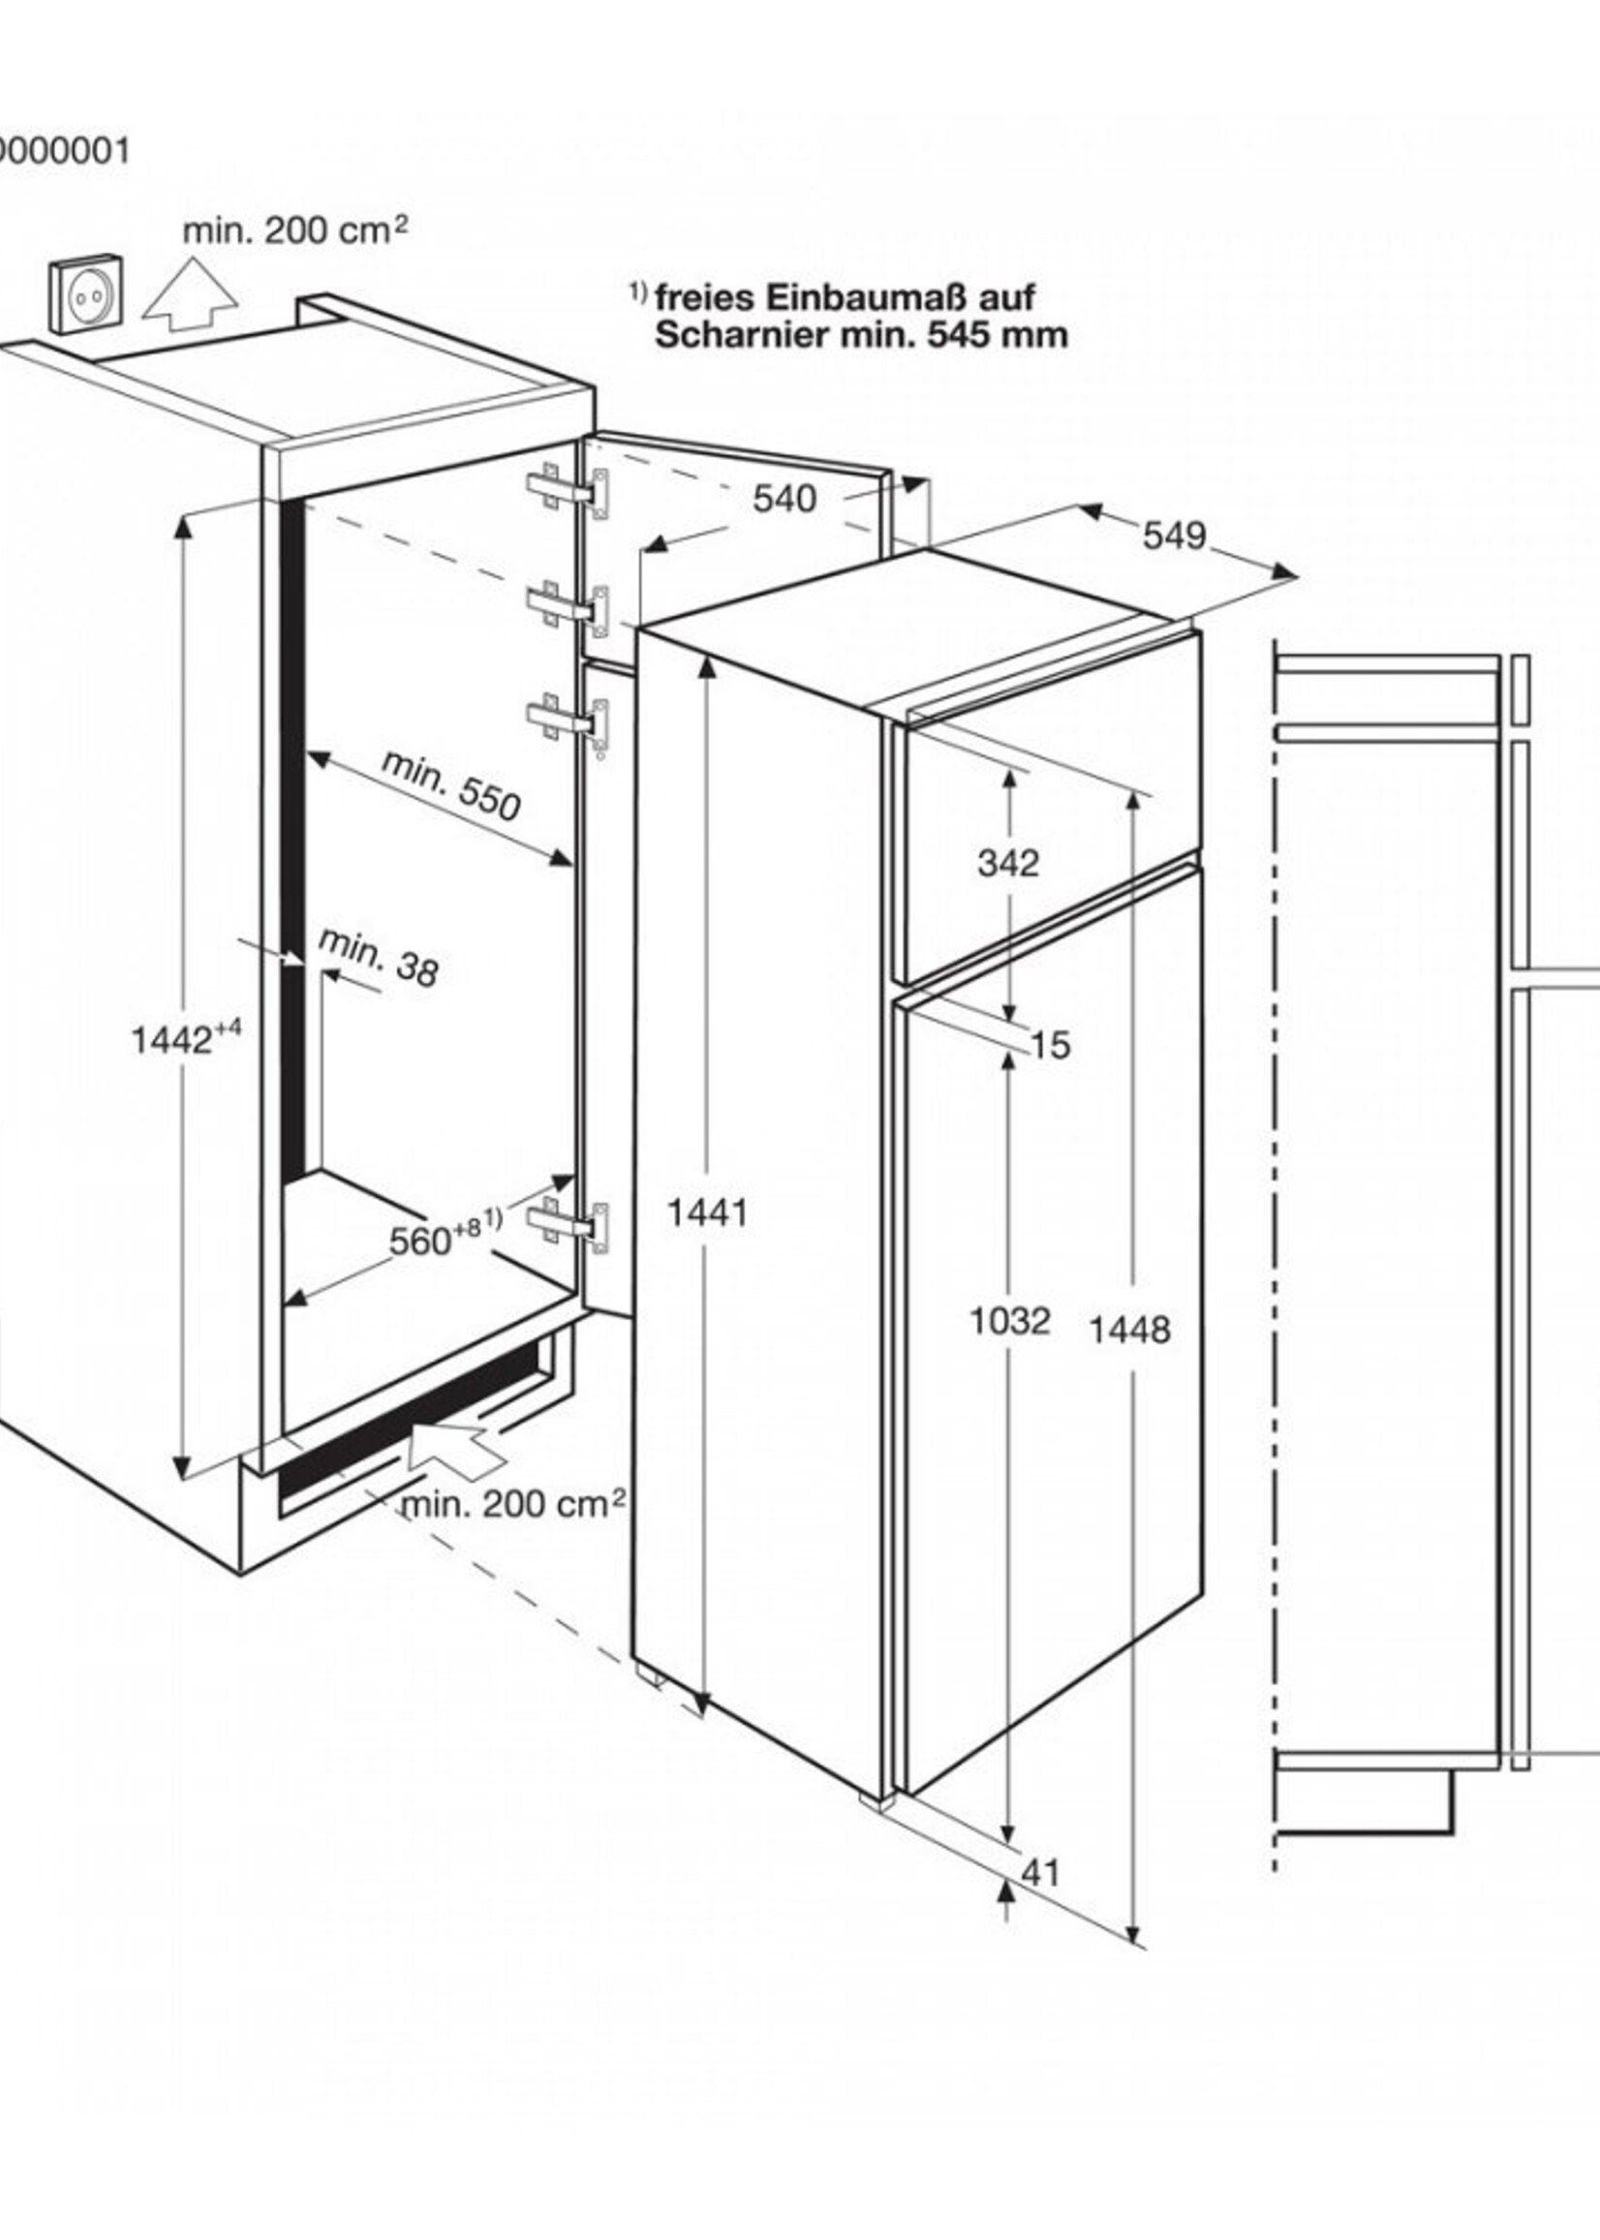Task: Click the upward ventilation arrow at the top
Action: [x=189, y=292]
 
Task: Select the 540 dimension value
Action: [x=785, y=500]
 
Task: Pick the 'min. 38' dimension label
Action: [x=378, y=957]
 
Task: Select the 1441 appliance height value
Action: [x=707, y=1212]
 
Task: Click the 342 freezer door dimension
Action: [x=1009, y=863]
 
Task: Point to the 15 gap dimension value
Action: [x=1052, y=1045]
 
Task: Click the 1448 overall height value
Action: [x=1130, y=1330]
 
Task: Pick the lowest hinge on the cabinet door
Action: [x=569, y=1224]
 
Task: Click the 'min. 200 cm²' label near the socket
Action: [x=295, y=230]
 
